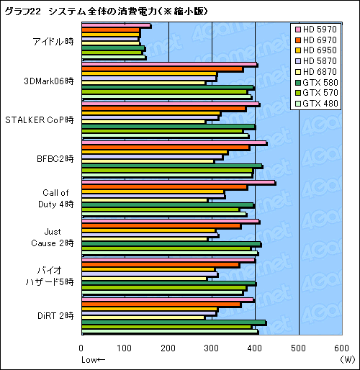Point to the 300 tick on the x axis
[212, 348]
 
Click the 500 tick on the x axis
[299, 348]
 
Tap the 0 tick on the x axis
[82, 348]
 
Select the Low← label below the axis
[93, 359]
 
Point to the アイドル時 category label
[53, 42]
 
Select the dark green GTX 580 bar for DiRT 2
[174, 322]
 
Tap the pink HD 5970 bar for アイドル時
[116, 26]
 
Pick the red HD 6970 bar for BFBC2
[166, 148]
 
